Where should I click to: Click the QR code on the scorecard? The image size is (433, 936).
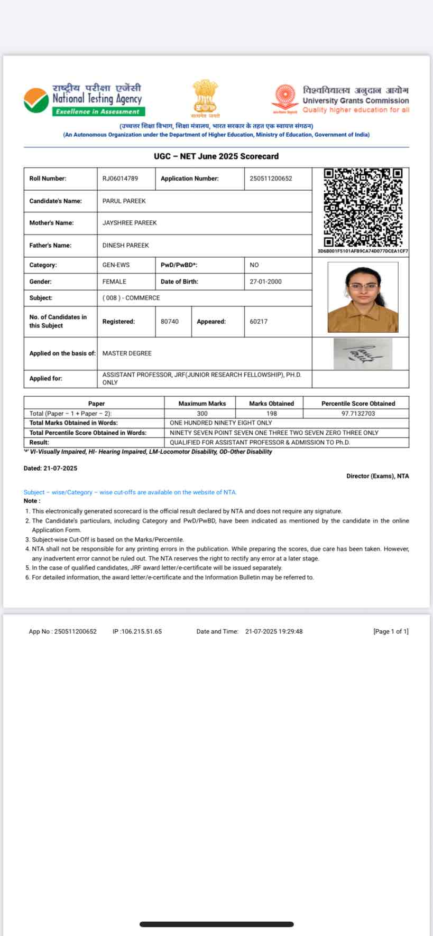[363, 207]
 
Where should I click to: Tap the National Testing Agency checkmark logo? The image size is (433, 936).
[36, 100]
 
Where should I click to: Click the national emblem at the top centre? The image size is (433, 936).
[205, 97]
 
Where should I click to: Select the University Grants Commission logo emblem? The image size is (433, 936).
[285, 97]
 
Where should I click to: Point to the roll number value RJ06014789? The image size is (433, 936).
[120, 179]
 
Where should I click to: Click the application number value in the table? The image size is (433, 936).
[271, 179]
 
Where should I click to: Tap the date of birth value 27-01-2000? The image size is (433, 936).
[265, 282]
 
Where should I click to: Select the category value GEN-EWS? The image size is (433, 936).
[116, 265]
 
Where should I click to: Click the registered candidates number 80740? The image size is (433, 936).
[170, 321]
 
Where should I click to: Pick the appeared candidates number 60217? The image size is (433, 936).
[259, 321]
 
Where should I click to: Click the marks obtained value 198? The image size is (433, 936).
[272, 414]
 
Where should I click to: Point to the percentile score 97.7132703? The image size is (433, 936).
[358, 414]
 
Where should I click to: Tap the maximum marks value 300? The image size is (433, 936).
[202, 414]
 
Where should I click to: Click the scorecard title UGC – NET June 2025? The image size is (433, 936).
[216, 156]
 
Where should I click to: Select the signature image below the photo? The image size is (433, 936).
[363, 354]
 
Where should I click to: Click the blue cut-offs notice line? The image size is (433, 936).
[130, 492]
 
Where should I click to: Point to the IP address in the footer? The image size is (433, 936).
[137, 631]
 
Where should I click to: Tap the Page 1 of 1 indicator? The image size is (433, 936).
[391, 631]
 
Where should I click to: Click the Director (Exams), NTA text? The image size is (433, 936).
[377, 476]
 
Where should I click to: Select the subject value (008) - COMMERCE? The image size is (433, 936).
[131, 298]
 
